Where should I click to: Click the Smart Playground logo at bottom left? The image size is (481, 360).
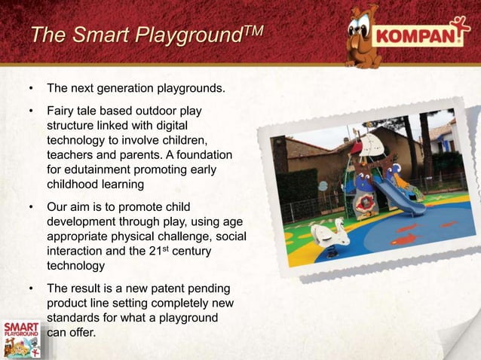click(x=22, y=337)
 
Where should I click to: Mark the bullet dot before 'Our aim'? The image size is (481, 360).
click(x=31, y=207)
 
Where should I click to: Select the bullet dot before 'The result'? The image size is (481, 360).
click(x=31, y=288)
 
